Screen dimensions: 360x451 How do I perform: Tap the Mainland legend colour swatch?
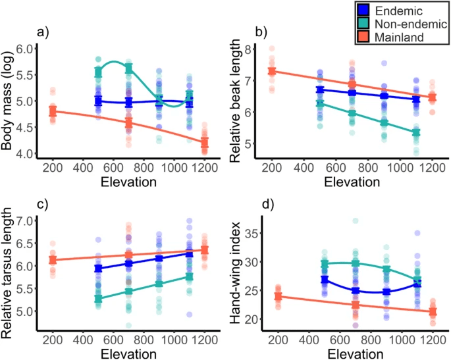click(x=363, y=38)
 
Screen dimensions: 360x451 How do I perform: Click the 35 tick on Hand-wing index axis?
click(x=250, y=232)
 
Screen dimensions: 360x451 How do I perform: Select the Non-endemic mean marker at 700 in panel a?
click(x=129, y=68)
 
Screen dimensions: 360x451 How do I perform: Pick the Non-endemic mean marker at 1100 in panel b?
click(x=415, y=132)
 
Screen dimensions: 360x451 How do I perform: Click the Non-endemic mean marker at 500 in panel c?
click(x=98, y=299)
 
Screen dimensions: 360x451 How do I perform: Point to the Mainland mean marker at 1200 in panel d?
click(x=433, y=312)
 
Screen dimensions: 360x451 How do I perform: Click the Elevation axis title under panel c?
click(x=129, y=353)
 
